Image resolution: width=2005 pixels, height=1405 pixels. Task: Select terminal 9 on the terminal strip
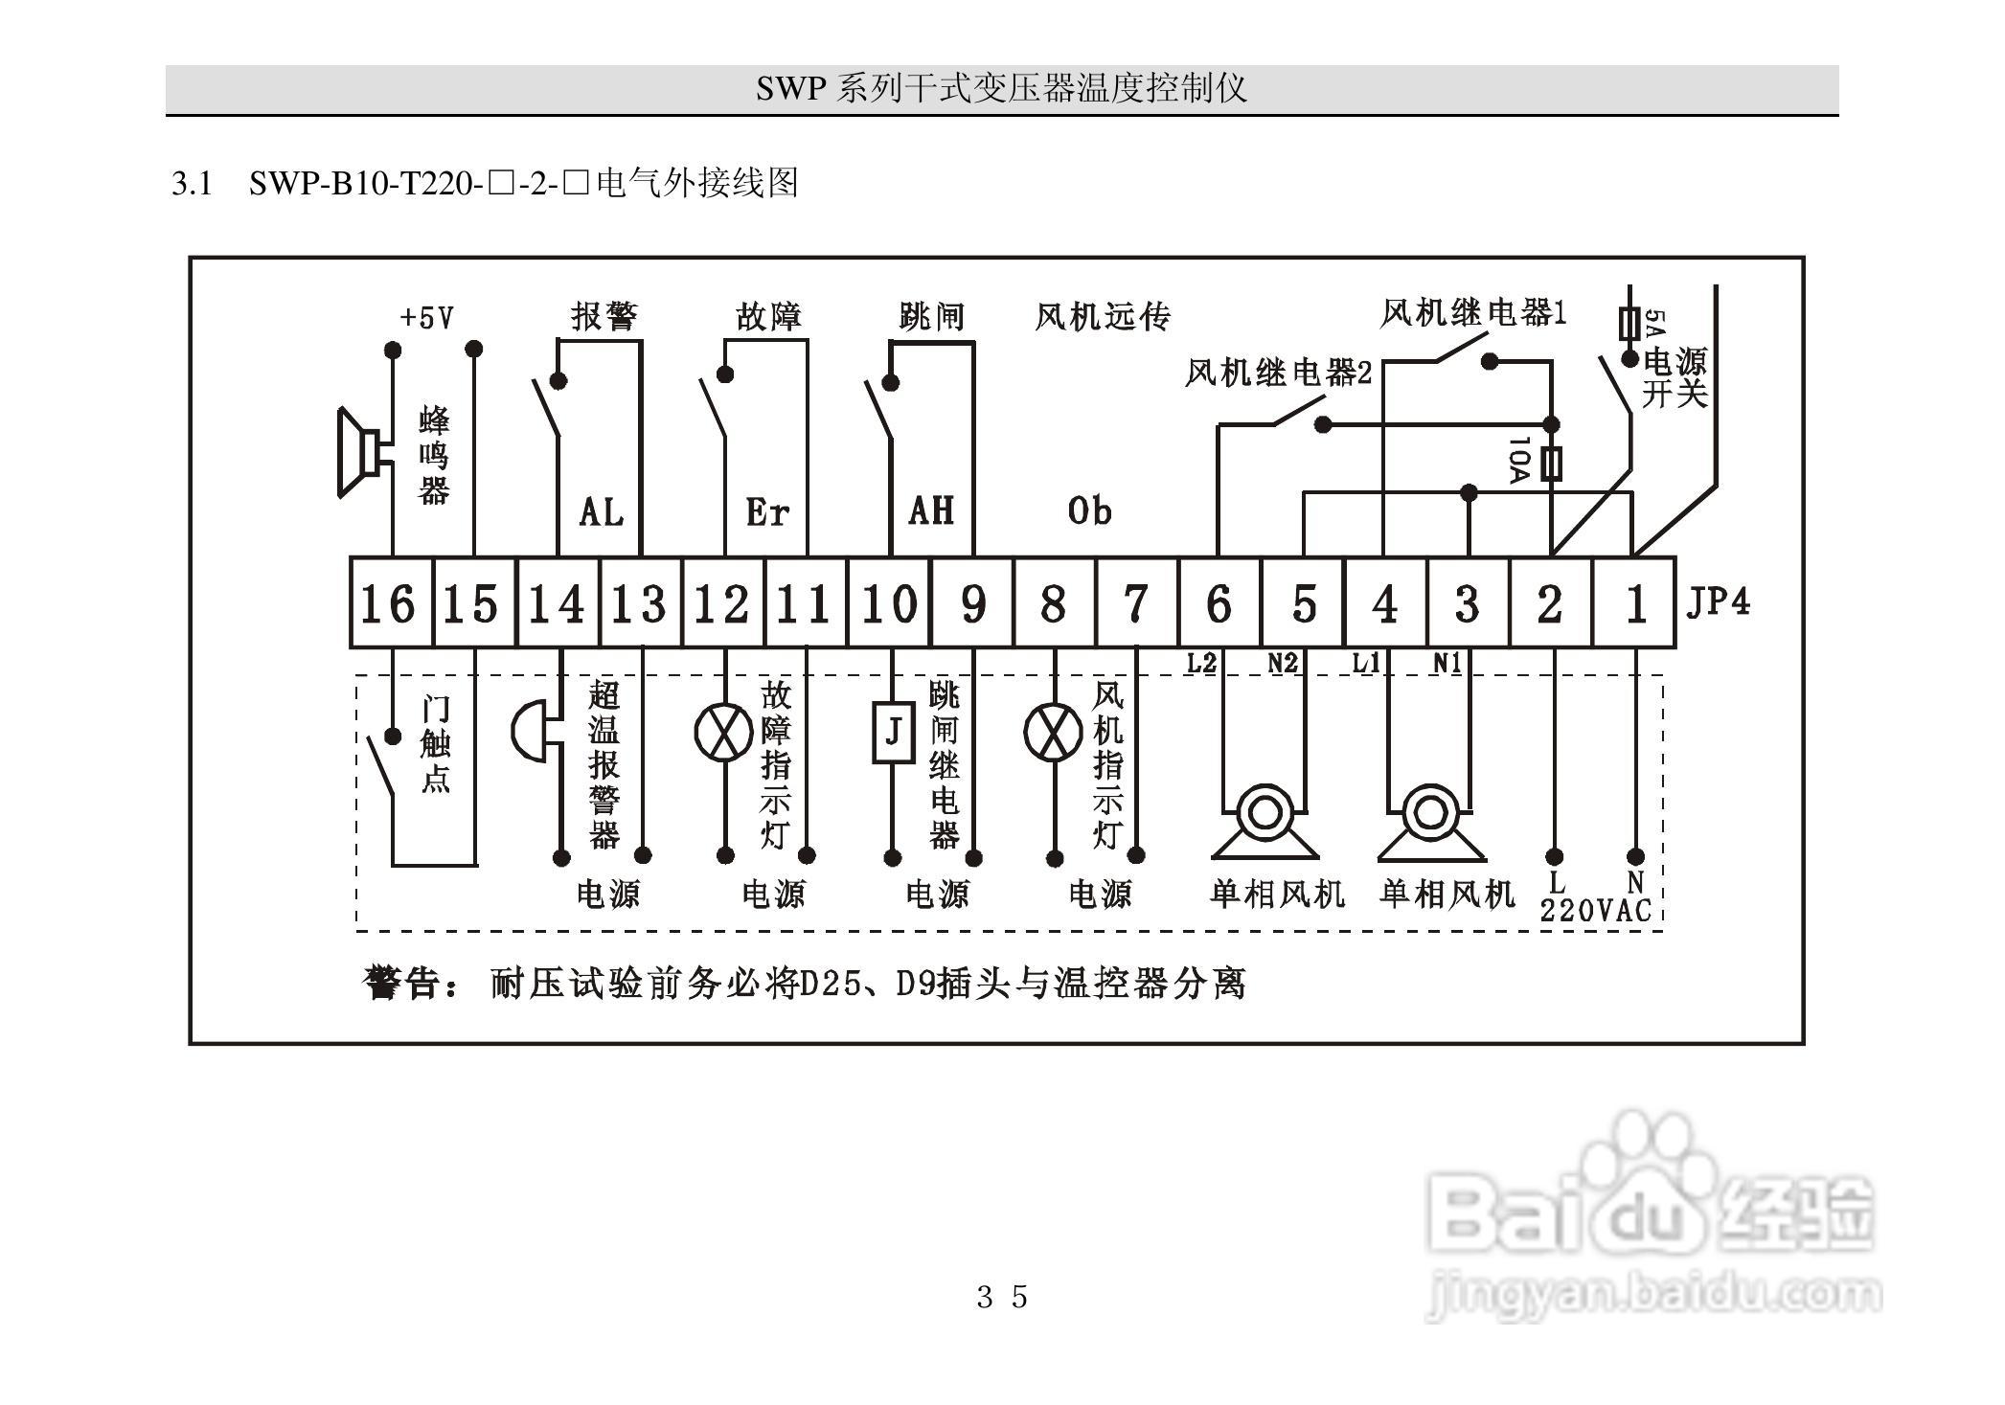972,603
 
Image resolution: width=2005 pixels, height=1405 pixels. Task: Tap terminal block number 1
1634,603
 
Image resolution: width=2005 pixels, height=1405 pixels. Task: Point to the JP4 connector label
1718,601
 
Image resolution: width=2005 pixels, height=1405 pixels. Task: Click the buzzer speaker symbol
358,453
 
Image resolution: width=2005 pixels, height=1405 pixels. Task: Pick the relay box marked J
893,733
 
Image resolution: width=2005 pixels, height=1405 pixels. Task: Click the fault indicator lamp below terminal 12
723,733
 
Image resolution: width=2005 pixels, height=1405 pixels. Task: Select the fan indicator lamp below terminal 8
1053,733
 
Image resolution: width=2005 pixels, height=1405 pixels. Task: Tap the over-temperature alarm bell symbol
528,733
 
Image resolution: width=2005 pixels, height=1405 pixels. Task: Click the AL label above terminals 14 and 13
602,512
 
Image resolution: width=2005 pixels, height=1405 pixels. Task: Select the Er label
767,512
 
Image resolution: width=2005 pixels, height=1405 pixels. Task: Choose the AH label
931,510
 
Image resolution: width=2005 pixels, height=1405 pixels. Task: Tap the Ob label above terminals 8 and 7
1090,511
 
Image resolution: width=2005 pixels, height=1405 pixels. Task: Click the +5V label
427,317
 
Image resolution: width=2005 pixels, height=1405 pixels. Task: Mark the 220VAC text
1596,910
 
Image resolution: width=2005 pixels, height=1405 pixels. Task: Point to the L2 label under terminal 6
1201,663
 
